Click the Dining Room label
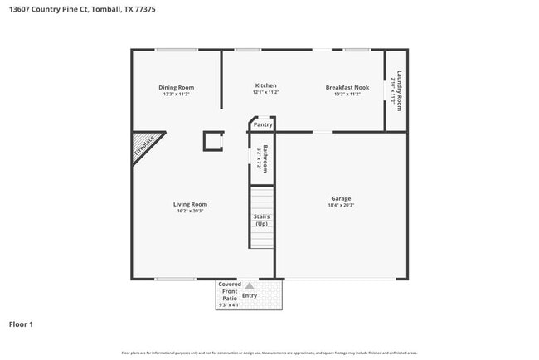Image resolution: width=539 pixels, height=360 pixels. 176,87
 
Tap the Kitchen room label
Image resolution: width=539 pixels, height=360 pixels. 265,85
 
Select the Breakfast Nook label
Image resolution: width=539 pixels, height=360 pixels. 347,86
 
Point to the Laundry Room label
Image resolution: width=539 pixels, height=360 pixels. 399,90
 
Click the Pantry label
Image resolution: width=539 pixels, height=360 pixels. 263,124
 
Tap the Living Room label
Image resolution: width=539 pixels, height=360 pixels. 190,204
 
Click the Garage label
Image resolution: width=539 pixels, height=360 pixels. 341,198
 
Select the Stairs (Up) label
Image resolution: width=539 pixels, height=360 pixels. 262,221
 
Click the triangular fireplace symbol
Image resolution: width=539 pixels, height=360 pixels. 145,146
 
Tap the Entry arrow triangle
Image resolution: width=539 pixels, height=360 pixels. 249,285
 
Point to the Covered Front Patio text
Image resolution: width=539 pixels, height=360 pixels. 229,291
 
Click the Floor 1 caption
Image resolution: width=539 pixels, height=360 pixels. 21,324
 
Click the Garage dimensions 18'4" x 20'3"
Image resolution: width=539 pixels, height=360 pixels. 341,206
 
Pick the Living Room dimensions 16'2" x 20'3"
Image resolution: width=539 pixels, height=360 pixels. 190,212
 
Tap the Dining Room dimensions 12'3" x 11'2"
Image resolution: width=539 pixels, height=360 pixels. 176,94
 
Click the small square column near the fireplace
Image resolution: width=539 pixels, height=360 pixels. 213,141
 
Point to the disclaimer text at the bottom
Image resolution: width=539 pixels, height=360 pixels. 269,353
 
